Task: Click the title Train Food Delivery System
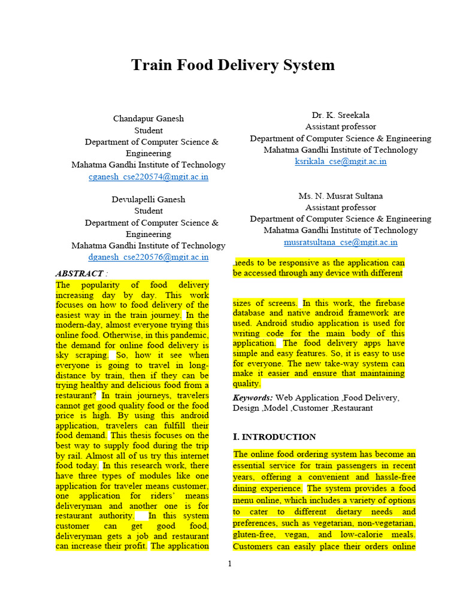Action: (233, 65)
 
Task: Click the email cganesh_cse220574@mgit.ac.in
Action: (148, 177)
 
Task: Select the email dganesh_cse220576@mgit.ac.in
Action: (148, 257)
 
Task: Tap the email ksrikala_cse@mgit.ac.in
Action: (341, 162)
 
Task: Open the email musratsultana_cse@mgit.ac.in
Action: (340, 242)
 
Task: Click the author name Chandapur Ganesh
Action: (149, 119)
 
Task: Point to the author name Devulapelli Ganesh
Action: (149, 199)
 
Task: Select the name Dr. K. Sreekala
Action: (341, 115)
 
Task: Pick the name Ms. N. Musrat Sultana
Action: (341, 196)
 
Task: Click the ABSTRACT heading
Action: (79, 274)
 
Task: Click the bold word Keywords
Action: (252, 397)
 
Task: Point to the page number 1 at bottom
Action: (229, 563)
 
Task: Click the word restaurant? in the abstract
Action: (76, 396)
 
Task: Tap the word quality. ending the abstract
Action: (247, 384)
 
